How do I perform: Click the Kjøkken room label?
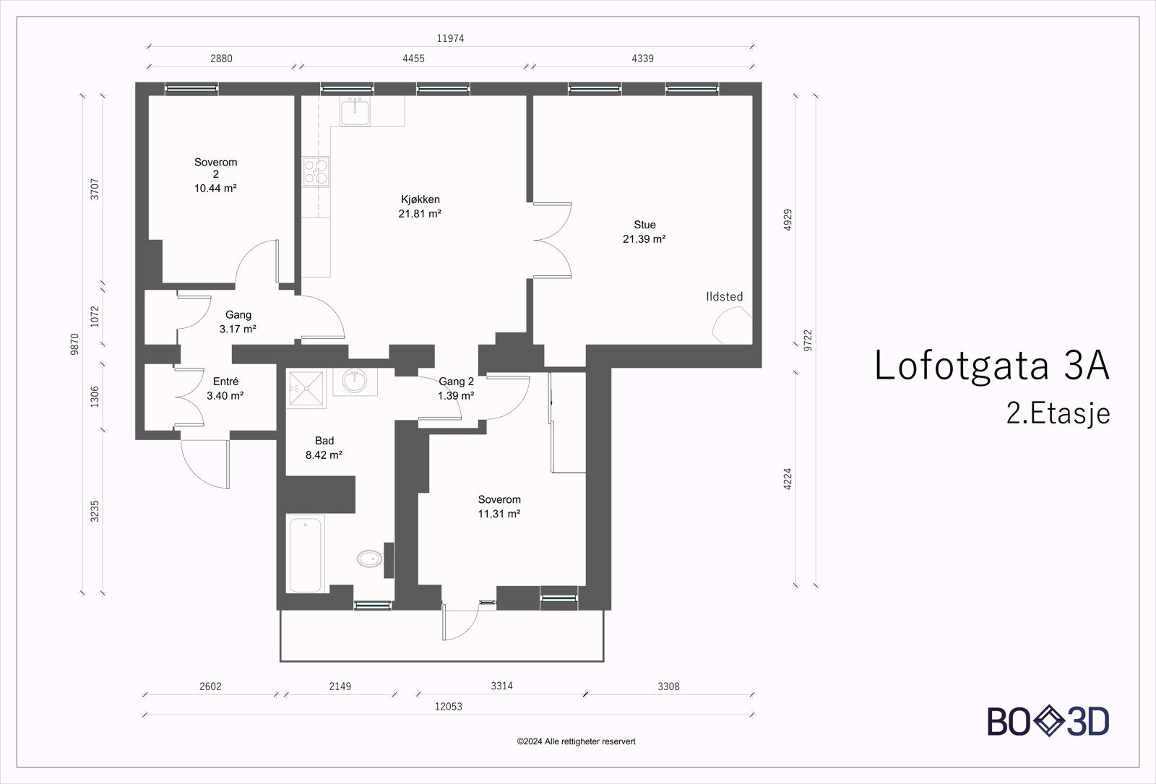[420, 199]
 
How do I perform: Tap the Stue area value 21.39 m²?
[644, 239]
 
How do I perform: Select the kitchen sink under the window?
[355, 111]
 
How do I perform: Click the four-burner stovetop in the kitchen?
[316, 172]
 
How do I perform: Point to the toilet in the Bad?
[370, 558]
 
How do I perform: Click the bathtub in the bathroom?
[306, 553]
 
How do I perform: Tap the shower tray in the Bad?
[306, 388]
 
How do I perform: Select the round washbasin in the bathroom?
[355, 382]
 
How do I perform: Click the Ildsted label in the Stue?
[725, 296]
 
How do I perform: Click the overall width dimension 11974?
[450, 38]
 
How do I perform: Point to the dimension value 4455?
[413, 59]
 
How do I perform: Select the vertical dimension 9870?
[75, 344]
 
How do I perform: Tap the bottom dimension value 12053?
[448, 707]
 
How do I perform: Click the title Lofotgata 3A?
[991, 366]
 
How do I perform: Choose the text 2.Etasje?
[1058, 413]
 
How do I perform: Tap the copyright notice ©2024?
[576, 741]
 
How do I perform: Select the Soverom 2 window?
[191, 90]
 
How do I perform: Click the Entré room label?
[225, 382]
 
